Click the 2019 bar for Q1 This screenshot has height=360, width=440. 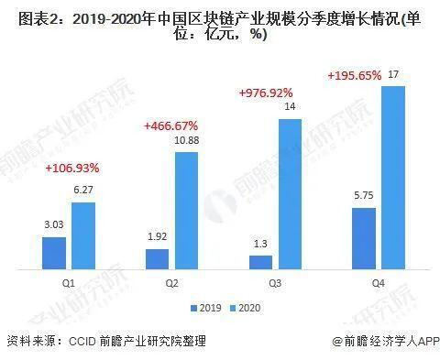pos(53,254)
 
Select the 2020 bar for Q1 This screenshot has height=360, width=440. pos(82,236)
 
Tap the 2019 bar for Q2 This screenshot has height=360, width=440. pos(157,259)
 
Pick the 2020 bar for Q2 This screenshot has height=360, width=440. pos(186,212)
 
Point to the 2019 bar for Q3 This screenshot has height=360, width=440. pos(261,263)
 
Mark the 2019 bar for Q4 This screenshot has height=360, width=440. pos(365,239)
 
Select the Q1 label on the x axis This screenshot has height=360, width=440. pos(68,285)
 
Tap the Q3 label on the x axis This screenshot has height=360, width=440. pos(275,285)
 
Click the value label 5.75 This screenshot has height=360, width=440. pos(365,197)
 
